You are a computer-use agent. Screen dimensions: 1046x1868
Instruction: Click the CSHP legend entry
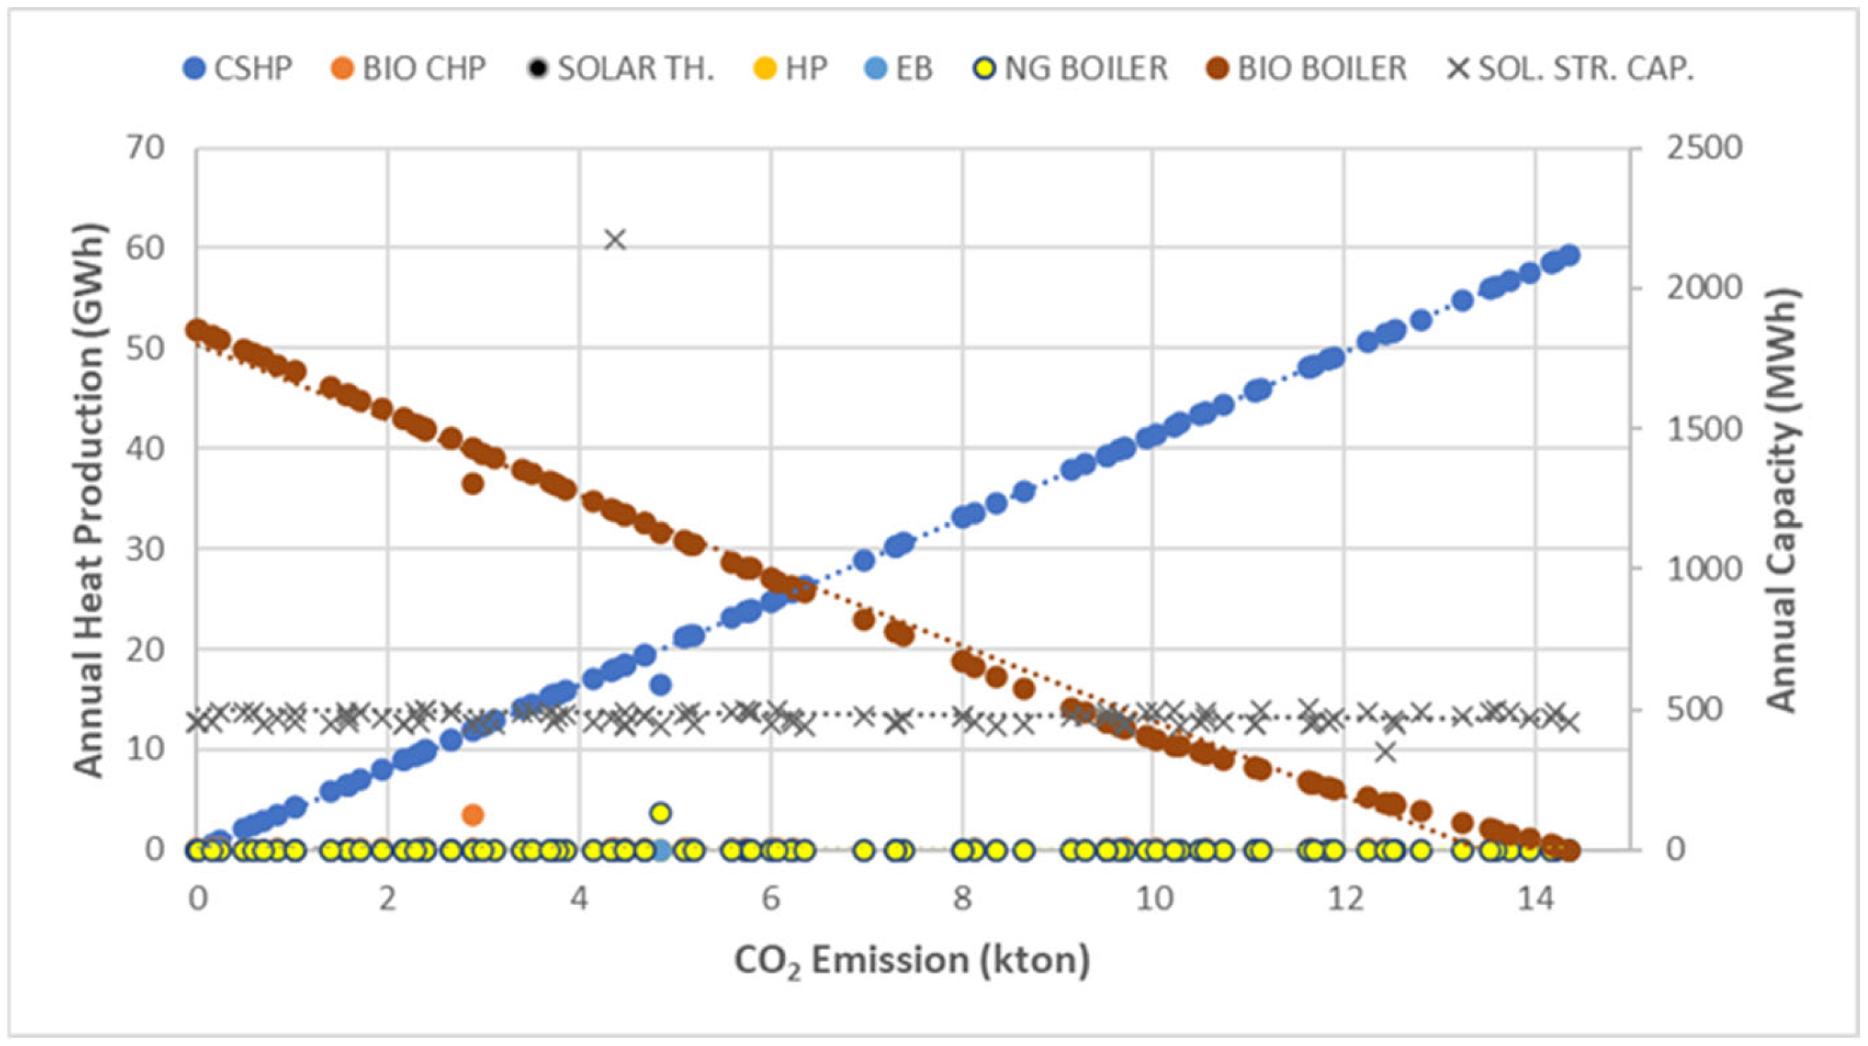[237, 69]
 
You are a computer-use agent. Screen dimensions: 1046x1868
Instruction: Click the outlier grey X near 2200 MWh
[615, 240]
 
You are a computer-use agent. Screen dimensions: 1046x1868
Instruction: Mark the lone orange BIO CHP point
[472, 815]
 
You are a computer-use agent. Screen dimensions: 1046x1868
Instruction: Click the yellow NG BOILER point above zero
[660, 812]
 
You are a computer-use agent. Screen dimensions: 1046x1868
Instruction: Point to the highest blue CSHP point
[1570, 255]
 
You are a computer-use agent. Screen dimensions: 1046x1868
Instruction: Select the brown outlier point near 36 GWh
[472, 484]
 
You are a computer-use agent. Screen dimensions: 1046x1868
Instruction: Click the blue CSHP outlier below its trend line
[660, 684]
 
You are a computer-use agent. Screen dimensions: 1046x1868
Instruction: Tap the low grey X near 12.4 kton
[1386, 752]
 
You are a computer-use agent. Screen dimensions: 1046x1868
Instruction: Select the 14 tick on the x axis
[1535, 900]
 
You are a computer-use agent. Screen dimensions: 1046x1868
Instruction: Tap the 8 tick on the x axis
[962, 900]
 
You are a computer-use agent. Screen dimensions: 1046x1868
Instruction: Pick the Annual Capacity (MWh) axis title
[1783, 500]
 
